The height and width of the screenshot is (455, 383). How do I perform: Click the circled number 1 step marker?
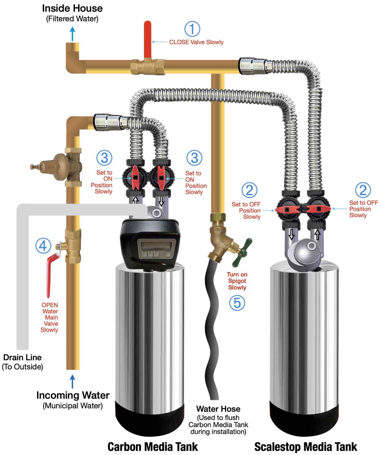(192, 29)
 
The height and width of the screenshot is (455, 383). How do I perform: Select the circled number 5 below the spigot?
(237, 303)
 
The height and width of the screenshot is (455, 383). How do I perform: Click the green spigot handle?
(243, 252)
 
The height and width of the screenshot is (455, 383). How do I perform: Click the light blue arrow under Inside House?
(73, 34)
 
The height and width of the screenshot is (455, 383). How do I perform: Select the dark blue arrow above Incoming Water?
(73, 381)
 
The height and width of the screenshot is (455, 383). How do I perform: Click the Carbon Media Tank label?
(153, 447)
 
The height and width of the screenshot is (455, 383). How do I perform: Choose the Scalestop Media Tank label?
(306, 447)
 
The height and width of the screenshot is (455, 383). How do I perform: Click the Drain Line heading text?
(22, 357)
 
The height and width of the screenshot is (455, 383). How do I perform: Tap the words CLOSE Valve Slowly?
(196, 42)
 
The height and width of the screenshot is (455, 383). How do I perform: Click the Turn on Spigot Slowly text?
(237, 281)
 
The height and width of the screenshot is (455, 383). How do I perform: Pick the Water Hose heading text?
(218, 409)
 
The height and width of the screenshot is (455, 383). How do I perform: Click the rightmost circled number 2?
(363, 190)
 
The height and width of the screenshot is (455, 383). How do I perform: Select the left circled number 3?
(104, 158)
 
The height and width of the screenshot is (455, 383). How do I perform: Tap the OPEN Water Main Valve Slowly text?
(50, 317)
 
